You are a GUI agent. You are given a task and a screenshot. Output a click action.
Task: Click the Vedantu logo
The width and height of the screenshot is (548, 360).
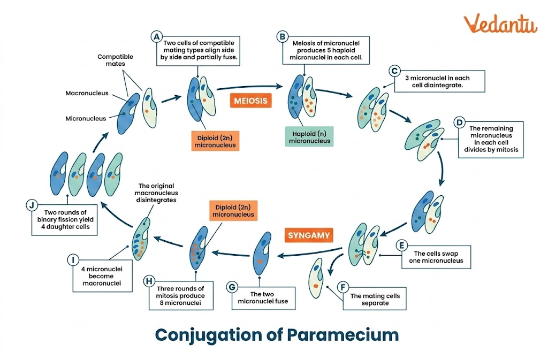point(500,24)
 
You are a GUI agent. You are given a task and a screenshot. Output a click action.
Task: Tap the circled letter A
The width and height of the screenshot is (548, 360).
point(157,36)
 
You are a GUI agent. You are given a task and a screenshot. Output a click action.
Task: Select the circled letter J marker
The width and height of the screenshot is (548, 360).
point(32,204)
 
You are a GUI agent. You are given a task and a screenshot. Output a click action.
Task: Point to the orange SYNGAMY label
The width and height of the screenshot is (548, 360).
point(309,235)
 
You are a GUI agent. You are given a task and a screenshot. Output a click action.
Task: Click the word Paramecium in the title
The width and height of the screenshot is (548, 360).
point(343,335)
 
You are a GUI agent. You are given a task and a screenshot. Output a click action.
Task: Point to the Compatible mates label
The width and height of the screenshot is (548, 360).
point(115,60)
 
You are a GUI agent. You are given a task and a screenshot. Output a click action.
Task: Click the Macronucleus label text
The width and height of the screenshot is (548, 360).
point(87,93)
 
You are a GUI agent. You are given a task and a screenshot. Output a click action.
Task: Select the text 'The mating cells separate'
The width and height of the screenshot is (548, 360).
point(375,300)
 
